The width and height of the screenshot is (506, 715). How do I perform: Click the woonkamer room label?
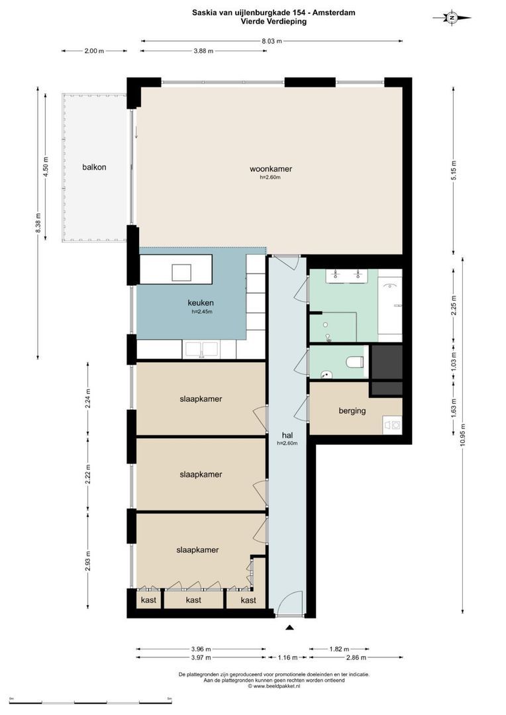tap(271, 169)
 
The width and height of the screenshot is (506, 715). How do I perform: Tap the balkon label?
tap(94, 167)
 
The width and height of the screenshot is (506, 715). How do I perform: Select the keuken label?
tap(201, 303)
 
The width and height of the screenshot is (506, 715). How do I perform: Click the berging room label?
tap(352, 411)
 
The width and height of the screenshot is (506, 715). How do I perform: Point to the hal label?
tap(287, 436)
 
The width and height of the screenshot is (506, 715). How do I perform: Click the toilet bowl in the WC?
tap(354, 362)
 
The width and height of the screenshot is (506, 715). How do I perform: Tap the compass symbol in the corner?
tap(452, 18)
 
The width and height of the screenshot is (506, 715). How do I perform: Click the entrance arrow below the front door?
tap(289, 628)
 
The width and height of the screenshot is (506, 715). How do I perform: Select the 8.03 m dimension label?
tap(272, 41)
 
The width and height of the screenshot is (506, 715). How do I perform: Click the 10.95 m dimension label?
tap(462, 438)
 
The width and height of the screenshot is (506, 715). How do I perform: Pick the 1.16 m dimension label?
tap(288, 657)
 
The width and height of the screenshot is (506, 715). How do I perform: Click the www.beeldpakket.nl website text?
tap(274, 686)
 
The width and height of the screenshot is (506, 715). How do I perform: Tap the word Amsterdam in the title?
tap(334, 13)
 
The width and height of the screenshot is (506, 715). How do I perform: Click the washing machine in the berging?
tap(392, 425)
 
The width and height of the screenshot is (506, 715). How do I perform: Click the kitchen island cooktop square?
tap(181, 272)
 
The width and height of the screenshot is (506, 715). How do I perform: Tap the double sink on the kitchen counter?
tap(201, 350)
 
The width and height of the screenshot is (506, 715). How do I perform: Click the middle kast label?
tap(193, 600)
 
